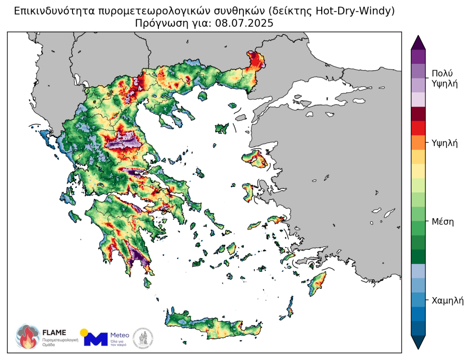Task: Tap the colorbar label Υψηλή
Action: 445,143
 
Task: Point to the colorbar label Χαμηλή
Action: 448,301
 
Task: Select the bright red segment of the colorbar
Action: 419,128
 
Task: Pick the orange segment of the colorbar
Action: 419,142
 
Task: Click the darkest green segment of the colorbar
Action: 419,256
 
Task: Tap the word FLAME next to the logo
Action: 54,332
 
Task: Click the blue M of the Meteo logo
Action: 97,339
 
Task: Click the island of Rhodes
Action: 317,282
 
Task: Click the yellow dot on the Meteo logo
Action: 84,332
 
